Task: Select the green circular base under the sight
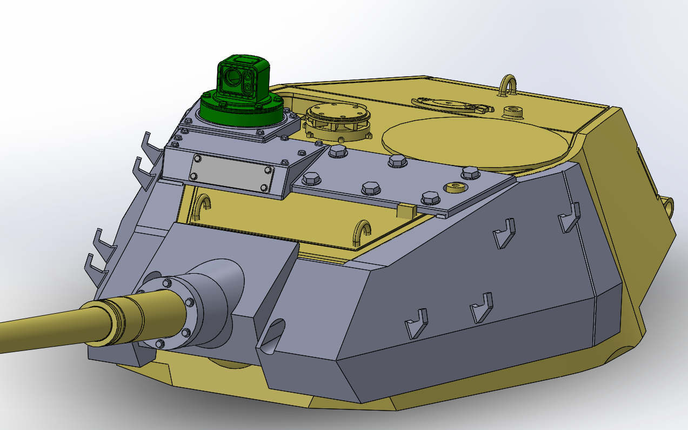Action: (241, 111)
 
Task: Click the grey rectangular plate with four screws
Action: (231, 173)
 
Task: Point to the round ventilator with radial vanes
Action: (338, 122)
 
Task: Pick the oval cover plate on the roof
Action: (452, 103)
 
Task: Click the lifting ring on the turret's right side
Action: (669, 206)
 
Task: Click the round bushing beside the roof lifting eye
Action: (513, 111)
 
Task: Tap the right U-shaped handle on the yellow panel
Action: (361, 233)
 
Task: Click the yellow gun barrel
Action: (43, 325)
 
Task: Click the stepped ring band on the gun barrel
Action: (116, 319)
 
